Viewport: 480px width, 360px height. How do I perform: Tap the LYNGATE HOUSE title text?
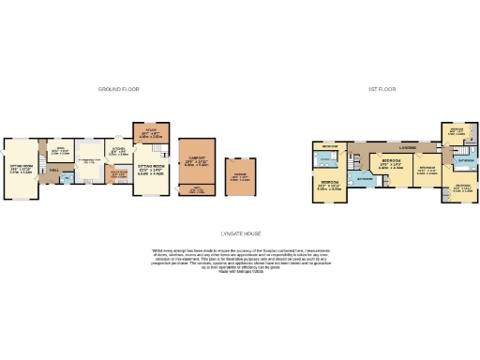241,233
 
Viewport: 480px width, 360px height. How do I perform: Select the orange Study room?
151,133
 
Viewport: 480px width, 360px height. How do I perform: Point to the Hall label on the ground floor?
54,170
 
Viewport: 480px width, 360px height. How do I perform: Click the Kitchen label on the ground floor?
119,153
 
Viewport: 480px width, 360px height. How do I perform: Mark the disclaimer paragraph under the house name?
241,258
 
